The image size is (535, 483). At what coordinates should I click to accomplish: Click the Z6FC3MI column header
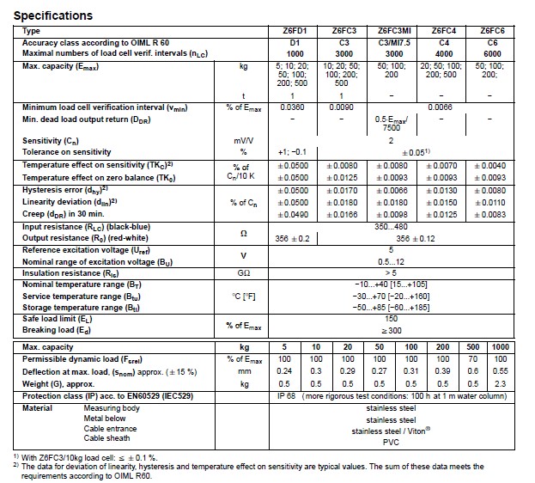coord(391,31)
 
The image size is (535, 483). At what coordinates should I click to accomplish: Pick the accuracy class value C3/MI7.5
coord(391,42)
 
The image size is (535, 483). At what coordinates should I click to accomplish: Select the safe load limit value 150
coord(391,317)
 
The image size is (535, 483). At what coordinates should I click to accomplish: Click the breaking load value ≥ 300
coord(391,329)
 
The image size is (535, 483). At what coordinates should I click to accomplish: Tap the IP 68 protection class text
coord(287,396)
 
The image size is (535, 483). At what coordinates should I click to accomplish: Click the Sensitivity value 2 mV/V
coord(391,140)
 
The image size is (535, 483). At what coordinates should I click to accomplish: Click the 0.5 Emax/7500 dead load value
coord(391,121)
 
